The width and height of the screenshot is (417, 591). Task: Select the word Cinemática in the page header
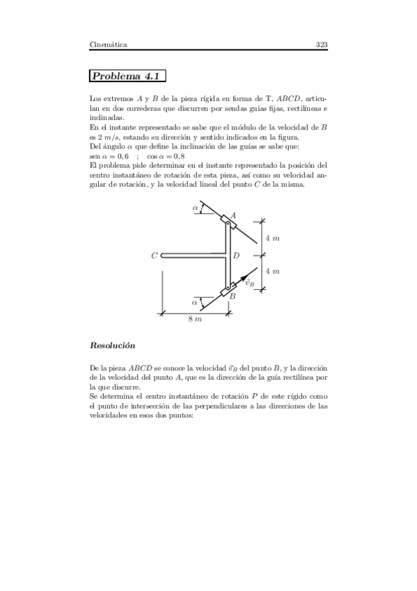[x=108, y=45]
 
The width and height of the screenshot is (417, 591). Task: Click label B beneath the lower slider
[x=233, y=296]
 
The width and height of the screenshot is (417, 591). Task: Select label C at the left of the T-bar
[x=154, y=256]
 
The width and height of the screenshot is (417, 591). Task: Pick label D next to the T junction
[x=236, y=256]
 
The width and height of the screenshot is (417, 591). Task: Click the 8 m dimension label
[x=195, y=319]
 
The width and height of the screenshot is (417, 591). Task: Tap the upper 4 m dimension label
[x=272, y=238]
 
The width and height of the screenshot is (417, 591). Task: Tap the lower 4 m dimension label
[x=272, y=271]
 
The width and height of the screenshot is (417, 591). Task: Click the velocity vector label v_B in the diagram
[x=249, y=283]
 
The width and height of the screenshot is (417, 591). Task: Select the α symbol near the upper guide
[x=195, y=207]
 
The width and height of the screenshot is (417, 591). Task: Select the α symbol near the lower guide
[x=195, y=302]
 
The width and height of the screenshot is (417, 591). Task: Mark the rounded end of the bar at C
[x=163, y=256]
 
